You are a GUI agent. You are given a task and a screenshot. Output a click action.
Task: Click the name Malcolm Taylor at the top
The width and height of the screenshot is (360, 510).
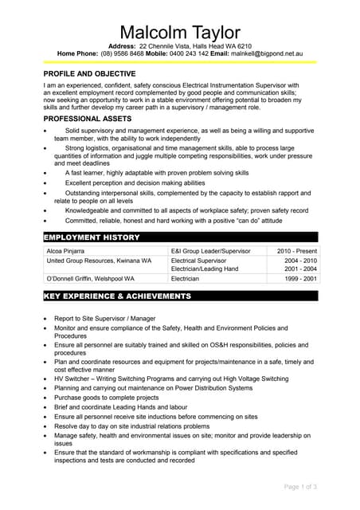[179, 32]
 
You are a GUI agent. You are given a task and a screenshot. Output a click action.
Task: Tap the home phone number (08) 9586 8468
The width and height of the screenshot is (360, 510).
[123, 54]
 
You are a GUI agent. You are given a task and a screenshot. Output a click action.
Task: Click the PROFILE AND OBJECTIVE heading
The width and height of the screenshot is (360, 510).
[89, 73]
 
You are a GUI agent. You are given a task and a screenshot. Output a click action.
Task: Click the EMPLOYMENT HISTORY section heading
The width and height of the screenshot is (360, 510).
[92, 237]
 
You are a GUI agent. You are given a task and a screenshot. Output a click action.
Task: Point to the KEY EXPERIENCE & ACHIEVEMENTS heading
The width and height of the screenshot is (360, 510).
[117, 296]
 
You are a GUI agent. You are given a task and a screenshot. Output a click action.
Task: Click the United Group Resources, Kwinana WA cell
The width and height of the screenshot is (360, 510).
[99, 261]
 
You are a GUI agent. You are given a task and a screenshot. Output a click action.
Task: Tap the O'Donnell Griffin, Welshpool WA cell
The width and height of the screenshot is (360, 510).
[91, 279]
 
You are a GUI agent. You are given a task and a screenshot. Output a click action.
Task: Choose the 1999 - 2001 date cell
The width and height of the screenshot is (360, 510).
[300, 279]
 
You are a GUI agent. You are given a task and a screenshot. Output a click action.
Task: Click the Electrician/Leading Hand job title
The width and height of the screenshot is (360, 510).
[205, 269]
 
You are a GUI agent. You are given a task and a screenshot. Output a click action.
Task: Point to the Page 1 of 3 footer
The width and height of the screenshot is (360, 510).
[300, 486]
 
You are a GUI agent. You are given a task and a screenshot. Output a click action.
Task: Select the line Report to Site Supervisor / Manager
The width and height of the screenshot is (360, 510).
[104, 318]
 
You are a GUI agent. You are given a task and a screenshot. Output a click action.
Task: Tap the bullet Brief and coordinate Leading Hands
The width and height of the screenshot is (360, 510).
[112, 407]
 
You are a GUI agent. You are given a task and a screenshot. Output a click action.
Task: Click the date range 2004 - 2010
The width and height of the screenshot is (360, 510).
[300, 261]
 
